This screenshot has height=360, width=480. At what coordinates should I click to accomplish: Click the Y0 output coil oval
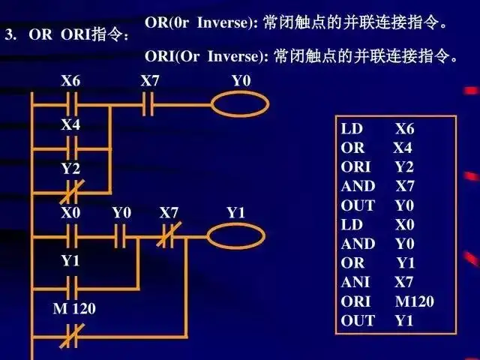tap(239, 103)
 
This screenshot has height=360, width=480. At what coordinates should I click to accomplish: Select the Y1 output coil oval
tap(236, 237)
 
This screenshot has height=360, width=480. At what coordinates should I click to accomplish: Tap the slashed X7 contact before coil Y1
tap(169, 237)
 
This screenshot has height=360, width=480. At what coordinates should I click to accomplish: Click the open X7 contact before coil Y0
tap(148, 103)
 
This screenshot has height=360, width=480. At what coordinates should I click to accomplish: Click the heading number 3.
tap(10, 34)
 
